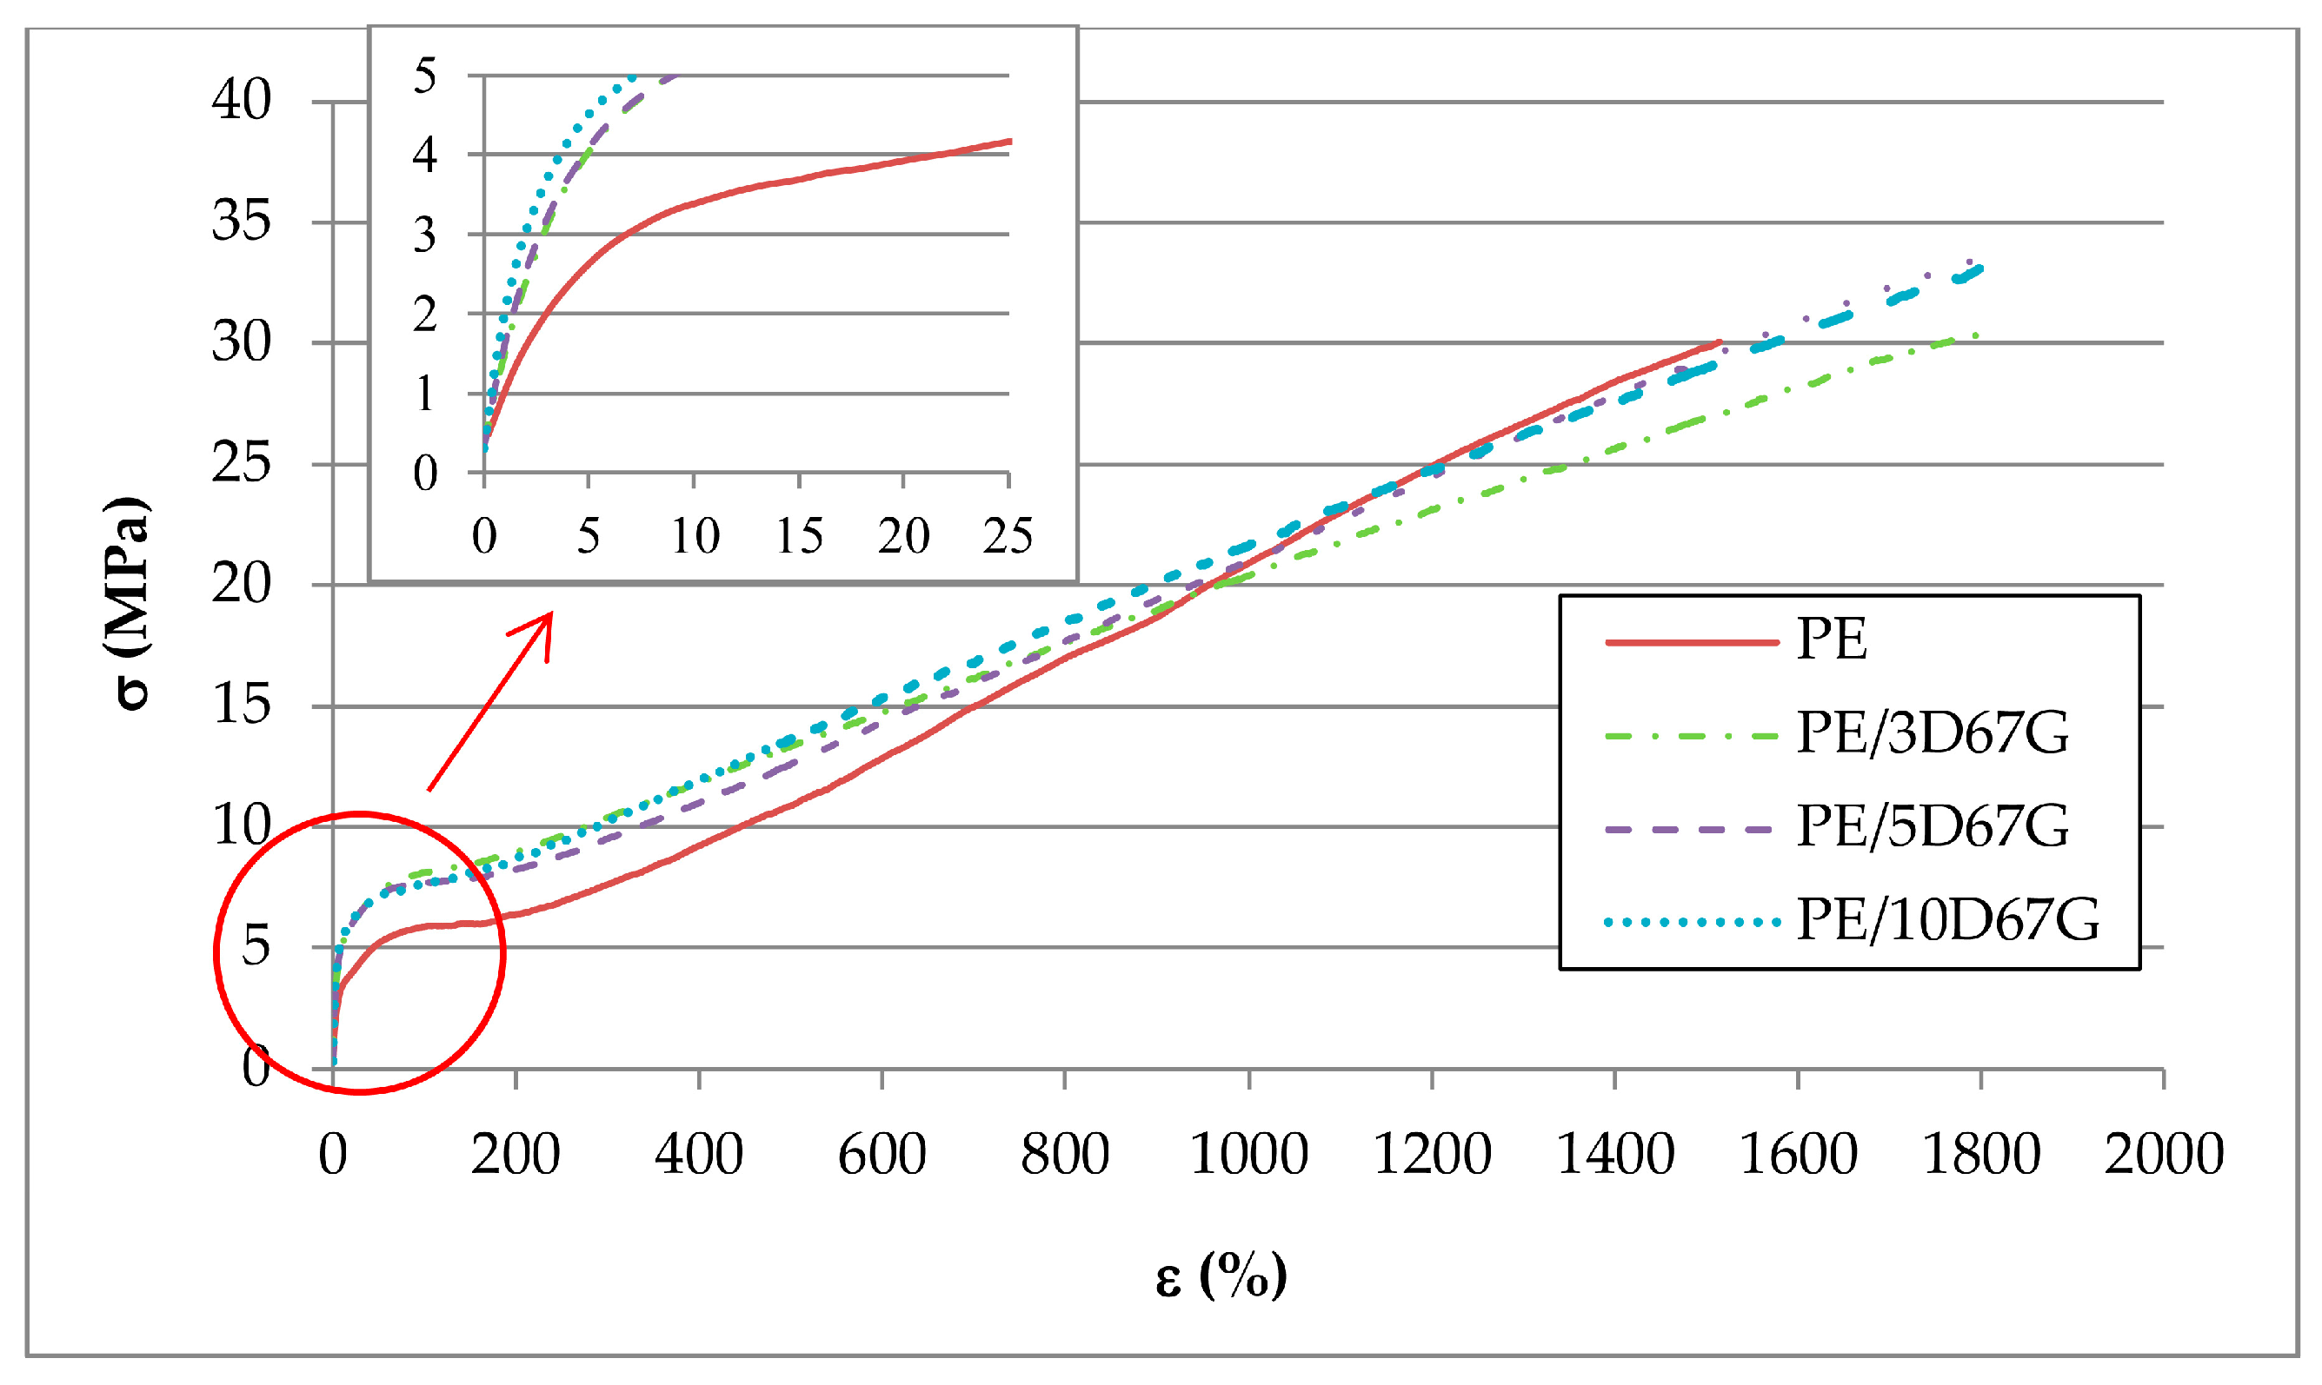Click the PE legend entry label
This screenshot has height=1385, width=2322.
click(1831, 640)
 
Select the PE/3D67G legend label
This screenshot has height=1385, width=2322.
click(1932, 733)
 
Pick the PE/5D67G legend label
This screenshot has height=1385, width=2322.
click(1932, 827)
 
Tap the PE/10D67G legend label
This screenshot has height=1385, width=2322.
click(1947, 920)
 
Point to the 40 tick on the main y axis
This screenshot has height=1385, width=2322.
click(241, 100)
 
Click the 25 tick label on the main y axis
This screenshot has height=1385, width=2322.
click(241, 463)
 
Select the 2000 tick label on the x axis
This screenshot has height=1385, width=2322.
click(2162, 1155)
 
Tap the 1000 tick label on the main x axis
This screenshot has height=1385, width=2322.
click(1247, 1155)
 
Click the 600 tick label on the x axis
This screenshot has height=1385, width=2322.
click(881, 1155)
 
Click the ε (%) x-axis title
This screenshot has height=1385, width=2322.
click(1221, 1275)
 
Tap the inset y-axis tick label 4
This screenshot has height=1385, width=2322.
click(425, 155)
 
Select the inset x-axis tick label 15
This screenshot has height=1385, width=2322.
click(799, 537)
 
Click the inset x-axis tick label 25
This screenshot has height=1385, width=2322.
click(1008, 537)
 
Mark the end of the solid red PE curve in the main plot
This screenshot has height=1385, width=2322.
click(1719, 342)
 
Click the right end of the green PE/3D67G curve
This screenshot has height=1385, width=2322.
click(1977, 335)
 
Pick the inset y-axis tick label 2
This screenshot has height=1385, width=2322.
click(425, 315)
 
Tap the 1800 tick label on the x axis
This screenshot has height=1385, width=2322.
click(1980, 1155)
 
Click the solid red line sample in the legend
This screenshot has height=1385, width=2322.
click(1691, 642)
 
